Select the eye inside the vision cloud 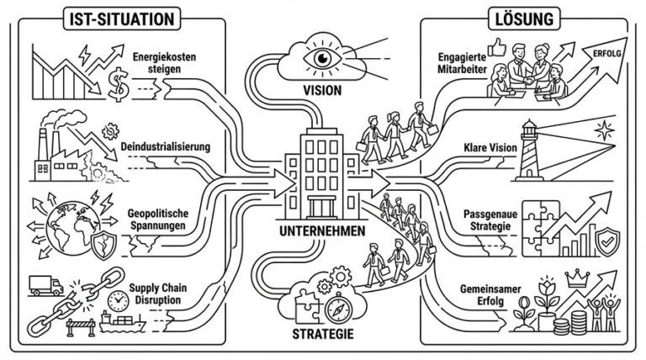(324, 60)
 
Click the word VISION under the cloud (323, 90)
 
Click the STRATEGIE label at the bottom (324, 335)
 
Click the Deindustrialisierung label (165, 147)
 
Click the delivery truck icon (46, 286)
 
